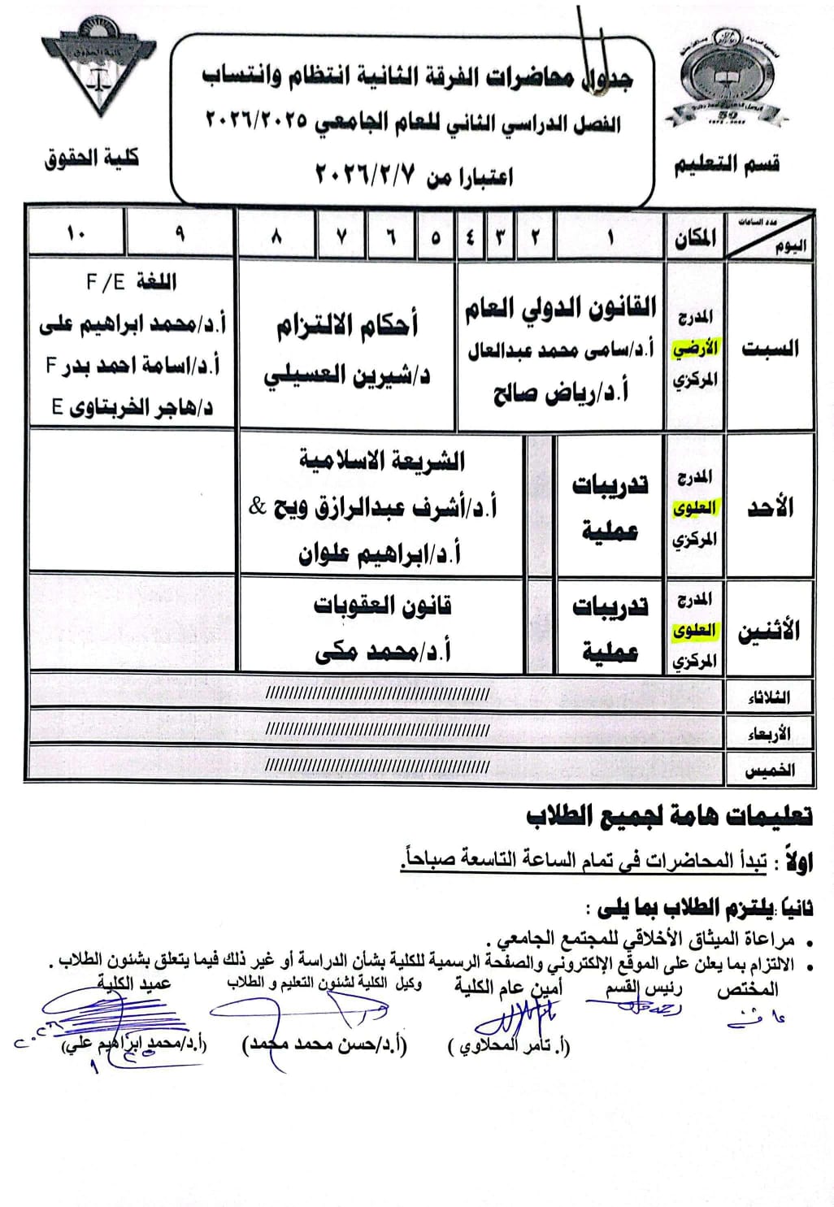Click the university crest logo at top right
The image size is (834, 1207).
coord(724,78)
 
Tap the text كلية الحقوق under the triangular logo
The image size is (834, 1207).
coord(92,158)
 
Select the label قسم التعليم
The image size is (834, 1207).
coord(726,165)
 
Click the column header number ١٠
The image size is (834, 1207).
coord(76,234)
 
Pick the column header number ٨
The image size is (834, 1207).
coord(276,237)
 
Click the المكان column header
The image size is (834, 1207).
coord(695,238)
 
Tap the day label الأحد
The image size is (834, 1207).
coord(770,508)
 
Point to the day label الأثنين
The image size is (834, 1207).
coord(768,631)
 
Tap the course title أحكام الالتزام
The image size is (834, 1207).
coord(347,326)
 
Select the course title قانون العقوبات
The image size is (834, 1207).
coord(383,606)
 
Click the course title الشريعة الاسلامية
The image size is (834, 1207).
coord(382,462)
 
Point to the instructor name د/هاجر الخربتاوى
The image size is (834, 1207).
coord(132,406)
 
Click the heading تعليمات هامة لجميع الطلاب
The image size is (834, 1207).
coord(668,815)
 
